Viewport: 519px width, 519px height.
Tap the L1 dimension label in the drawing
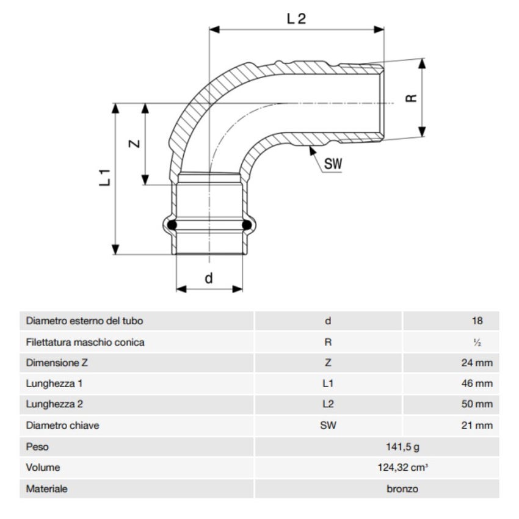click(x=104, y=177)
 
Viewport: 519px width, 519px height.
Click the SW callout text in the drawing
click(x=333, y=163)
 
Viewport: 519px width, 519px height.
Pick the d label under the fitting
click(x=209, y=278)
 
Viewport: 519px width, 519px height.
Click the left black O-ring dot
click(x=173, y=225)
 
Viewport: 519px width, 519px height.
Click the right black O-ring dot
click(x=247, y=225)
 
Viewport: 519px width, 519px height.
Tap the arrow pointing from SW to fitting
click(x=313, y=153)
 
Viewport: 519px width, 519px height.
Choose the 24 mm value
click(x=476, y=363)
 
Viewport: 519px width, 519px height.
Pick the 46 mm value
click(x=476, y=384)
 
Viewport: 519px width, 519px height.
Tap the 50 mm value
click(x=476, y=405)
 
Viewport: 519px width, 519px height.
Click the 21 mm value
click(x=476, y=426)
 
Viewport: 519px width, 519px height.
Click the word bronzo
click(x=402, y=488)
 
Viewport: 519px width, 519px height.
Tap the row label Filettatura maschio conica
click(x=85, y=342)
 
